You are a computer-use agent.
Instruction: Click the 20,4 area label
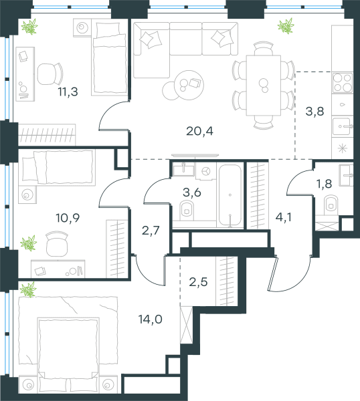point(199,131)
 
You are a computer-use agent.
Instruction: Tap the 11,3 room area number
point(68,92)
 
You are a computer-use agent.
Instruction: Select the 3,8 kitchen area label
point(314,112)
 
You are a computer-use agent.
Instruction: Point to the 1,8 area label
point(325,184)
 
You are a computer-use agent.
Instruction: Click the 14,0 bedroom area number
point(151,319)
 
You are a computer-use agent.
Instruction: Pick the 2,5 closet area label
point(198,282)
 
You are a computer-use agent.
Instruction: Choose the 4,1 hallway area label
point(284,217)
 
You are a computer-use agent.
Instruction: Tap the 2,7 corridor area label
point(151,231)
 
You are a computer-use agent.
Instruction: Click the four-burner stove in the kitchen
point(343,83)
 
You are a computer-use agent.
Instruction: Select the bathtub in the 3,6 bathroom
point(230,196)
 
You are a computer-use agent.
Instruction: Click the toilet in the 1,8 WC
point(331,205)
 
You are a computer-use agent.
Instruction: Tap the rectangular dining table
point(264,86)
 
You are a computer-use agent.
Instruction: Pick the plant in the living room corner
point(286,26)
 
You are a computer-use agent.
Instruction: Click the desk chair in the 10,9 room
point(57,244)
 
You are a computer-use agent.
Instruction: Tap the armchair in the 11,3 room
point(50,74)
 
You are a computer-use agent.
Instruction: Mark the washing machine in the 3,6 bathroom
point(206,171)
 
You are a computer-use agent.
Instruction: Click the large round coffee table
point(189,85)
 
